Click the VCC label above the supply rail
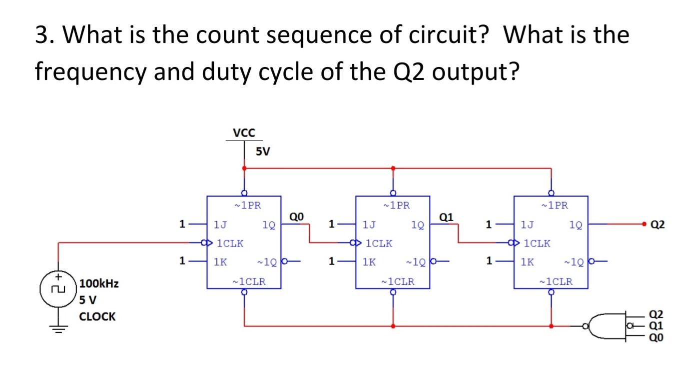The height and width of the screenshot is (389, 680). pyautogui.click(x=244, y=133)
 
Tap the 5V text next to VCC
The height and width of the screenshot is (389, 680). pyautogui.click(x=262, y=151)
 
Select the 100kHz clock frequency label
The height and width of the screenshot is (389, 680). pyautogui.click(x=99, y=284)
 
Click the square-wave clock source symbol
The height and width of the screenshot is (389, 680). pyautogui.click(x=58, y=289)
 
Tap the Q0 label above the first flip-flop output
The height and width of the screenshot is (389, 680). pyautogui.click(x=296, y=216)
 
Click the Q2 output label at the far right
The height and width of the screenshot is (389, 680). pyautogui.click(x=658, y=225)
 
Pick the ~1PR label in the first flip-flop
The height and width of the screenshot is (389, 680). pyautogui.click(x=244, y=205)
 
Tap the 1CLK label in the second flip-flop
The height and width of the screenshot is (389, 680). pyautogui.click(x=379, y=243)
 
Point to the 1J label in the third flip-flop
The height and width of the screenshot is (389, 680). pyautogui.click(x=527, y=225)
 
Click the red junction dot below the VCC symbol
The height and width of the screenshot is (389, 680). pyautogui.click(x=244, y=168)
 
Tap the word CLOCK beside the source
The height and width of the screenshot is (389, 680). pyautogui.click(x=97, y=316)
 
